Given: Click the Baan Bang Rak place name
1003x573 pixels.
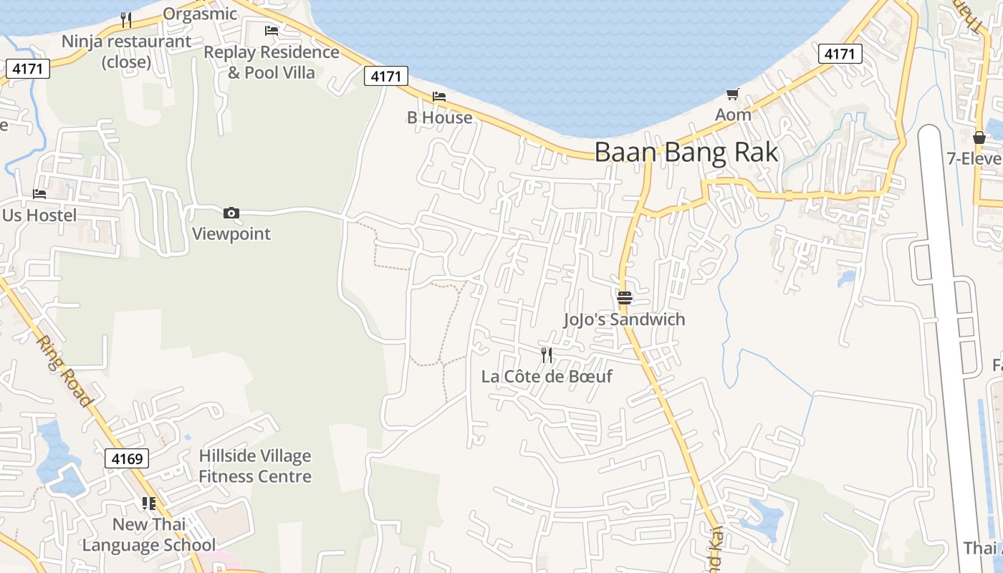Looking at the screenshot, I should pyautogui.click(x=686, y=153).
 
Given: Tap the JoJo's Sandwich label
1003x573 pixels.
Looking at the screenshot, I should pyautogui.click(x=624, y=319).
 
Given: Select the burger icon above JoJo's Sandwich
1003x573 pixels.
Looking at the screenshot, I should pyautogui.click(x=625, y=298).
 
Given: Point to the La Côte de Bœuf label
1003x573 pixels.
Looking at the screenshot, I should pyautogui.click(x=547, y=376).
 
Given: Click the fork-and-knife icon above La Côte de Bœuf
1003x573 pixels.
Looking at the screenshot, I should pyautogui.click(x=547, y=355).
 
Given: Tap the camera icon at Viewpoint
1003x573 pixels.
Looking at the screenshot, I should pyautogui.click(x=231, y=213).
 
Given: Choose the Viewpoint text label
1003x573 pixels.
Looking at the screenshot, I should pyautogui.click(x=231, y=234).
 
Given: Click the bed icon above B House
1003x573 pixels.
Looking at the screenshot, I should pyautogui.click(x=439, y=97).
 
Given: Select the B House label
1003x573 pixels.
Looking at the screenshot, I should pyautogui.click(x=439, y=117).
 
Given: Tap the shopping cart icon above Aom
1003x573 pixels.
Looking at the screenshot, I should pyautogui.click(x=732, y=94).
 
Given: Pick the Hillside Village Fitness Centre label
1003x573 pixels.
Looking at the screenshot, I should pyautogui.click(x=255, y=466).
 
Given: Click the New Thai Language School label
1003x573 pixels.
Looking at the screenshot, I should pyautogui.click(x=149, y=534).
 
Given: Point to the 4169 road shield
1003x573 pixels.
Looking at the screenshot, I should pyautogui.click(x=127, y=458).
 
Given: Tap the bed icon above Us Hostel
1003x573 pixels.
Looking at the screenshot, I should pyautogui.click(x=39, y=194).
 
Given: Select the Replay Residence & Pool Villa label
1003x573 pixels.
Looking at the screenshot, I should pyautogui.click(x=272, y=62).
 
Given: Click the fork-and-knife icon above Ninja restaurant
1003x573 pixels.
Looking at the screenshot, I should pyautogui.click(x=126, y=19).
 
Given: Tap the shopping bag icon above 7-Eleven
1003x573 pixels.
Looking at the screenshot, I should pyautogui.click(x=979, y=138).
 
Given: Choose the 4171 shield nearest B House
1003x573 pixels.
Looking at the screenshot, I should pyautogui.click(x=386, y=76).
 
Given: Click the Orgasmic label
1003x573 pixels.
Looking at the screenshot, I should pyautogui.click(x=200, y=14).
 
